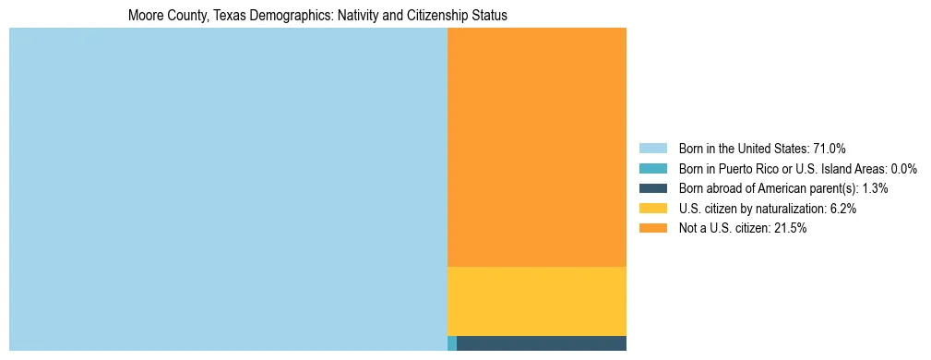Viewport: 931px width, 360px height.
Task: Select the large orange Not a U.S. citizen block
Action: [536, 147]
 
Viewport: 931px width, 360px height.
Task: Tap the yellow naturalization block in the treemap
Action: [536, 301]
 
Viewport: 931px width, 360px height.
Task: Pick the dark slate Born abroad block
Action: [541, 343]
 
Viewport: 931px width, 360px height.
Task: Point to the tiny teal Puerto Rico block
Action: [451, 343]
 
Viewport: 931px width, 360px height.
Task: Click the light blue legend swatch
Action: [652, 149]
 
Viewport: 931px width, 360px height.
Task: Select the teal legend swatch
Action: [652, 169]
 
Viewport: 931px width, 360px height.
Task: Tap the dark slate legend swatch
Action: [652, 188]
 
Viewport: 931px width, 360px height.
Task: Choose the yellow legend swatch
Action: [652, 209]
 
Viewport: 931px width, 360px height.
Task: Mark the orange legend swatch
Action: [652, 228]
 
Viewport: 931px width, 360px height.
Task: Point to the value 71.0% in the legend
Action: [830, 149]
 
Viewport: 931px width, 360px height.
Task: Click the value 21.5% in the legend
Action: [792, 228]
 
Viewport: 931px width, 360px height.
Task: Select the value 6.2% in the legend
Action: [843, 209]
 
